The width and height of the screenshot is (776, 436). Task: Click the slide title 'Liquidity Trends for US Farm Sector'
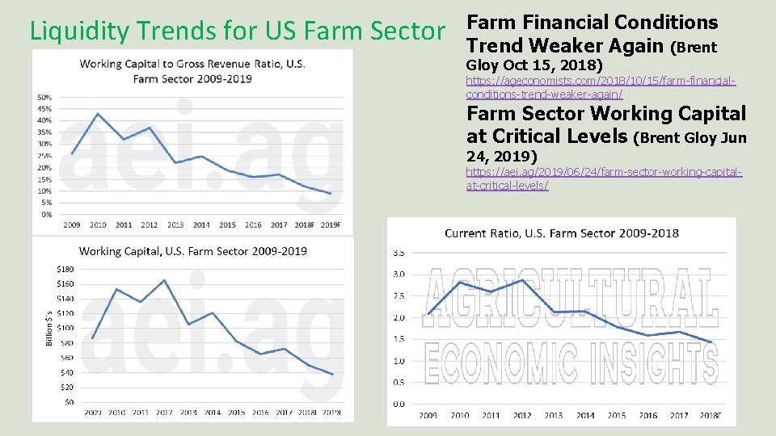[237, 31]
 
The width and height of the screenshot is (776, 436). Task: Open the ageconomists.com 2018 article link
[601, 88]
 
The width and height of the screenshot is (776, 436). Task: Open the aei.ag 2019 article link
[604, 179]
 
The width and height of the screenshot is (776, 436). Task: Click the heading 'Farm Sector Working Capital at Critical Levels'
[606, 125]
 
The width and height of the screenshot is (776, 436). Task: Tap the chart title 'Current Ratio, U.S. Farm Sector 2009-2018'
[562, 233]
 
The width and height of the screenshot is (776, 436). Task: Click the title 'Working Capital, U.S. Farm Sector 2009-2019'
[192, 251]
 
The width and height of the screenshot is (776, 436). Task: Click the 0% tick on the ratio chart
[47, 215]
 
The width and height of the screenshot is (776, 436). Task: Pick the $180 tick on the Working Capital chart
[65, 269]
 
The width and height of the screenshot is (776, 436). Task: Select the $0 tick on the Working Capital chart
[68, 401]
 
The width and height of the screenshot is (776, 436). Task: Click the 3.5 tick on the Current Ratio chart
[399, 253]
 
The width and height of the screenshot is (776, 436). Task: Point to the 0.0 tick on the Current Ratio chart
[399, 404]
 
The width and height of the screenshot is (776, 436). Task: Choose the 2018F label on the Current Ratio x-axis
[711, 416]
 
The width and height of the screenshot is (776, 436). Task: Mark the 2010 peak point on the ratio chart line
[98, 114]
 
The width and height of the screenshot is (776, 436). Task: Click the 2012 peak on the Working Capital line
[164, 280]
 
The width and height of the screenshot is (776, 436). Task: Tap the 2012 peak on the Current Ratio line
[522, 280]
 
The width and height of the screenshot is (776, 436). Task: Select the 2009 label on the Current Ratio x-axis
[428, 416]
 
